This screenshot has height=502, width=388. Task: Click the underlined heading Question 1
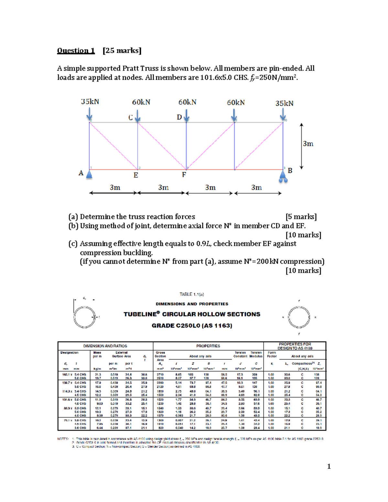76,50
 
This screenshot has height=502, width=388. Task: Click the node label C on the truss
131,117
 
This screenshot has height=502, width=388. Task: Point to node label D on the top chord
179,117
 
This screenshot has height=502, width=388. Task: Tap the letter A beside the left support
81,173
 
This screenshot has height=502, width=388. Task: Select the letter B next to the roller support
290,171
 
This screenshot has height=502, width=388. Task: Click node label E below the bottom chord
136,175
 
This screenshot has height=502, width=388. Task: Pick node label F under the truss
184,175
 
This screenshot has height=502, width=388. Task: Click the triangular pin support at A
89,175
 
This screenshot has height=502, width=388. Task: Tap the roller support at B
283,176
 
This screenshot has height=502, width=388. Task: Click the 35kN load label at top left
90,101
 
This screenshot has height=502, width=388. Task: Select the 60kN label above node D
187,102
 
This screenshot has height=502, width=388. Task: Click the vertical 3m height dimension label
308,144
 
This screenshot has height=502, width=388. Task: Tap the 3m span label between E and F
163,187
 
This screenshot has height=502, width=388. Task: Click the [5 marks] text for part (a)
301,217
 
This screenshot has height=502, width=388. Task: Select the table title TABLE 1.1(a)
192,294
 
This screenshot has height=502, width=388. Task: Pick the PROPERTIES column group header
208,346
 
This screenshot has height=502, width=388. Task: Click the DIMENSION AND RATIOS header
105,346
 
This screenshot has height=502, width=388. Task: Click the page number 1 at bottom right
329,466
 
